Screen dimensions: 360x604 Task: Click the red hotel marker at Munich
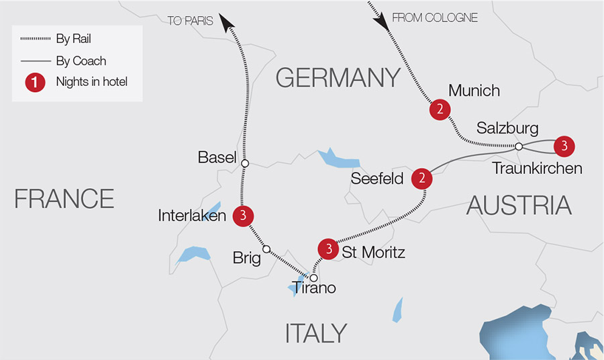point(439,110)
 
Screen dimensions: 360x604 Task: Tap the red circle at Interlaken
point(243,216)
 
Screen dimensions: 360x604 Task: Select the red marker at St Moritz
point(328,249)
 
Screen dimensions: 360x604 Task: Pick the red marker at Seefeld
point(422,178)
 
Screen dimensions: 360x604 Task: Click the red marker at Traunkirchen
point(564,145)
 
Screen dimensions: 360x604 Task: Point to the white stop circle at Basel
point(245,163)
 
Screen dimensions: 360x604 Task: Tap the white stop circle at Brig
point(266,249)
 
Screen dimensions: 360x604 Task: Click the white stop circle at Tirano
point(313,277)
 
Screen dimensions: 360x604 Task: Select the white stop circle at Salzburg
point(519,146)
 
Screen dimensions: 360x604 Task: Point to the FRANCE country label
point(64,199)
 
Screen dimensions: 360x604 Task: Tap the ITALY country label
point(316,333)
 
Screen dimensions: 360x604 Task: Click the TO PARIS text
point(190,21)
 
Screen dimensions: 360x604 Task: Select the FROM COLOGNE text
point(435,18)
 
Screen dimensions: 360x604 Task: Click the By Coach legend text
point(81,61)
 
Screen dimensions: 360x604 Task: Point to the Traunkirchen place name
point(537,169)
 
